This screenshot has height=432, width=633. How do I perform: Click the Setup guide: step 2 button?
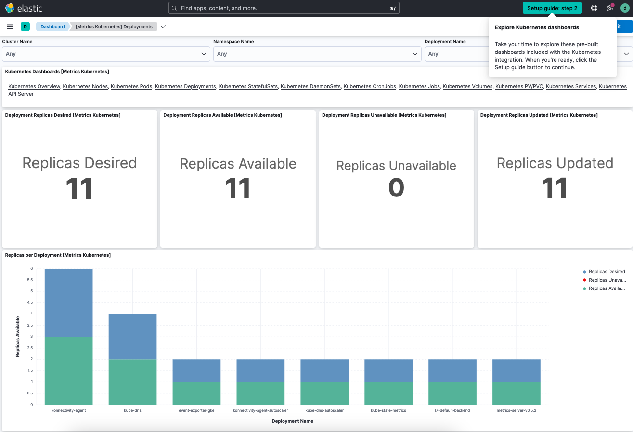(552, 8)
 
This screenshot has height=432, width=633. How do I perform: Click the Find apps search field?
(284, 8)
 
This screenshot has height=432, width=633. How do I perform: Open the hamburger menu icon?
(10, 26)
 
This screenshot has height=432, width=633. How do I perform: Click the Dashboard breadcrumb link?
(52, 27)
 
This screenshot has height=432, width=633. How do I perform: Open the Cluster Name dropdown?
(106, 54)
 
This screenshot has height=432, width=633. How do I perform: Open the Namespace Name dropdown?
(317, 54)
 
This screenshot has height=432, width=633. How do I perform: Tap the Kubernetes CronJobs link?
(370, 87)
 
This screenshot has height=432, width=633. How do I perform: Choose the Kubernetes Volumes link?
(467, 87)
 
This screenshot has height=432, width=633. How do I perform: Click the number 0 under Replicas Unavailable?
(396, 188)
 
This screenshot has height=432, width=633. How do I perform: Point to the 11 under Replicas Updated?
(555, 188)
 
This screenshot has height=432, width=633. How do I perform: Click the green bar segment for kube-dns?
(133, 382)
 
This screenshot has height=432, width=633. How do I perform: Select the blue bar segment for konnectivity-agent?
(69, 302)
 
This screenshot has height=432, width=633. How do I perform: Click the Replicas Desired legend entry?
(607, 272)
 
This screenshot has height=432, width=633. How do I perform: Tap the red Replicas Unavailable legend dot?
(584, 280)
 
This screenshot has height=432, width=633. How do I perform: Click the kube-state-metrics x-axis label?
(388, 411)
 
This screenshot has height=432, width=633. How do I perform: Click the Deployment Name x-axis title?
(292, 421)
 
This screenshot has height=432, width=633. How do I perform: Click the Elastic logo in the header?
(24, 8)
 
